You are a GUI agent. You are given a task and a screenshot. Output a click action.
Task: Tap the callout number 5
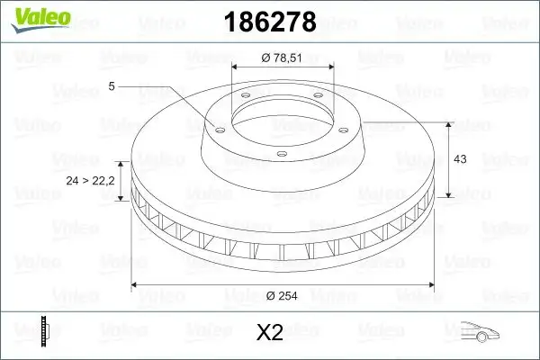[x=111, y=85]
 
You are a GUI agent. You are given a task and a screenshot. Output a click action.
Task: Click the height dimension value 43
[x=460, y=159]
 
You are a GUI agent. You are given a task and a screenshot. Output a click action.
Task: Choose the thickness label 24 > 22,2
[x=91, y=181]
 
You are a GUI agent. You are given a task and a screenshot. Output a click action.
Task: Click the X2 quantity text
[x=269, y=333]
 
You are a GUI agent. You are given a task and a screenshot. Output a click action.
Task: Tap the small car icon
[x=476, y=332]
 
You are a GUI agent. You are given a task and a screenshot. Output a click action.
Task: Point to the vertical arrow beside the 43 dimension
[x=448, y=159]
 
